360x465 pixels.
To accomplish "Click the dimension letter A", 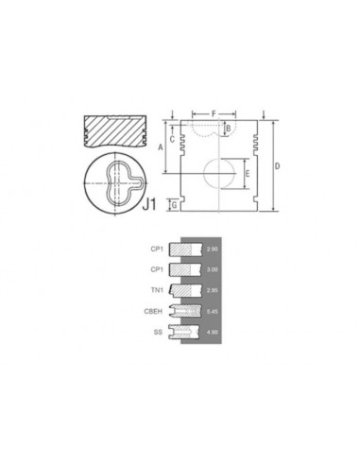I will coord(161,147).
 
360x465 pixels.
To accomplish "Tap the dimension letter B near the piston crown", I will coord(228,129).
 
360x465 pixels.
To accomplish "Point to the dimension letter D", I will coord(277,167).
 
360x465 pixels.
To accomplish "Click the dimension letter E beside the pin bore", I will coord(247,174).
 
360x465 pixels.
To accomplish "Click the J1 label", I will coord(148,202).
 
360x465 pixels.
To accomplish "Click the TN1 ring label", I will coord(156,291).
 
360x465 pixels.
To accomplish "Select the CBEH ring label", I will coord(153,312).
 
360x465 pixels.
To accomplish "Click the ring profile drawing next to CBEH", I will coord(186,312).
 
